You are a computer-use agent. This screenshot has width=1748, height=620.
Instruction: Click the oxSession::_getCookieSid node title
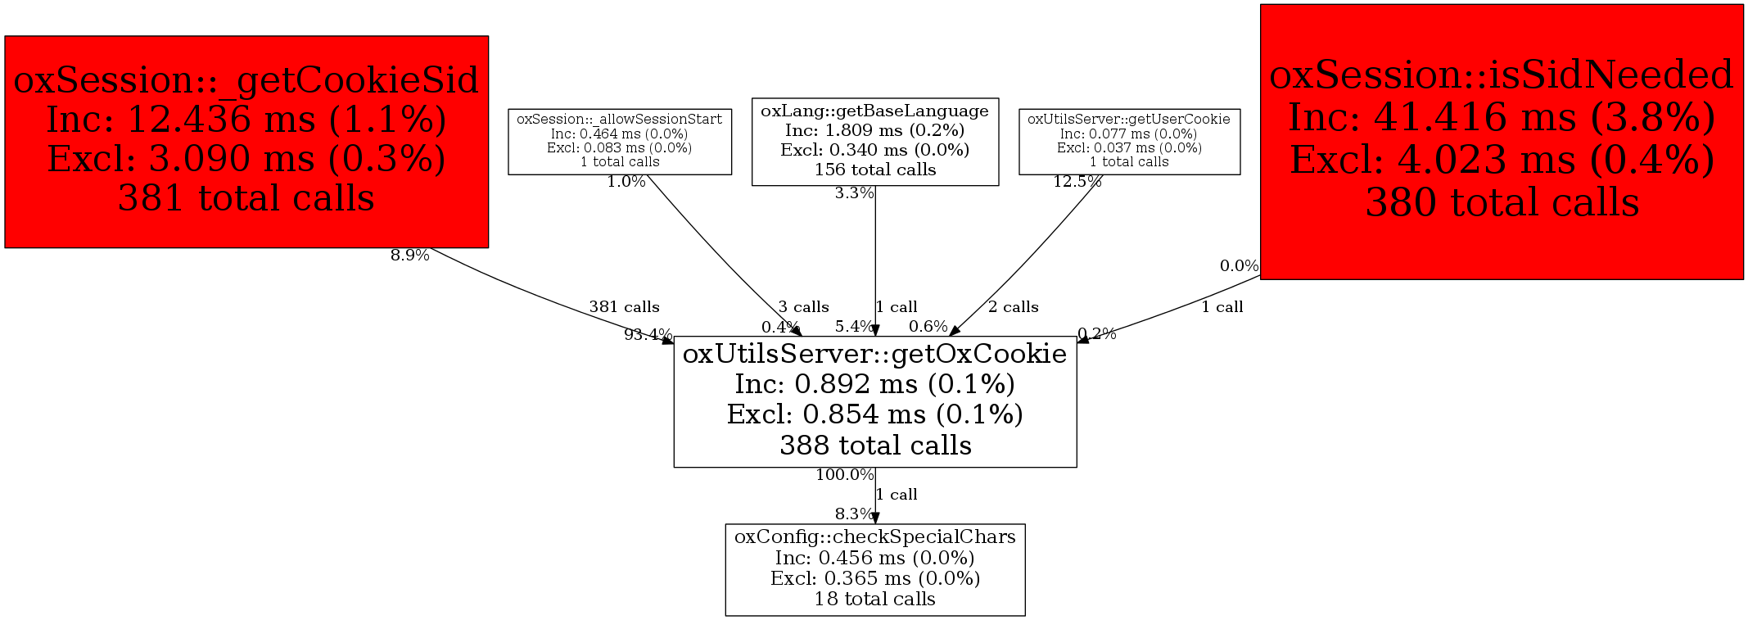(x=246, y=80)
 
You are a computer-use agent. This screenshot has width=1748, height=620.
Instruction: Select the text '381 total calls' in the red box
(x=246, y=198)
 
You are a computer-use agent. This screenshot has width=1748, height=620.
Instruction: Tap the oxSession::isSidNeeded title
(x=1501, y=75)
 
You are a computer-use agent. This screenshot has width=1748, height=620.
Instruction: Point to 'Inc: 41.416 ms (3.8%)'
(x=1501, y=117)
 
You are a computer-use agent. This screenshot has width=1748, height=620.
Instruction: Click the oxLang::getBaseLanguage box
(x=874, y=141)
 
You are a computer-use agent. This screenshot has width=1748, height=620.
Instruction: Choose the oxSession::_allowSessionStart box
(x=619, y=141)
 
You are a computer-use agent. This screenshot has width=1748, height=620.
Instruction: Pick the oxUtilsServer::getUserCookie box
(x=1128, y=141)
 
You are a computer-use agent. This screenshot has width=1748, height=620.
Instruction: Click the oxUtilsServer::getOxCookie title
(x=874, y=354)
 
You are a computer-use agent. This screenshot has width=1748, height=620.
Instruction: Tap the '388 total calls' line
(x=874, y=446)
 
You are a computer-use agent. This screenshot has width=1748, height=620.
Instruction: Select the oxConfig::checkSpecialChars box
(x=874, y=568)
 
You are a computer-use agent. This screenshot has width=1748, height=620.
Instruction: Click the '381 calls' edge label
(x=624, y=307)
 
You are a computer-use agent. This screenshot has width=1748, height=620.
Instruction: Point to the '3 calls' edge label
(x=803, y=307)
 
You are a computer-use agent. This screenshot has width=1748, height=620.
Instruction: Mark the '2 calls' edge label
(x=1013, y=307)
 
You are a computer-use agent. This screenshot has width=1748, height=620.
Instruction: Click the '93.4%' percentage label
(x=648, y=334)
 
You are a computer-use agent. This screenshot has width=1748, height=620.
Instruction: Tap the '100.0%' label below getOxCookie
(x=844, y=475)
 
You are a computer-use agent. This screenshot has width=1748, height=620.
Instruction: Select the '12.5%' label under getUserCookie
(x=1077, y=182)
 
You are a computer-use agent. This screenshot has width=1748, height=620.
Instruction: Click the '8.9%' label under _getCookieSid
(x=409, y=256)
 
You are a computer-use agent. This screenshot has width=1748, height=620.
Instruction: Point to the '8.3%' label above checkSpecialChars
(x=854, y=514)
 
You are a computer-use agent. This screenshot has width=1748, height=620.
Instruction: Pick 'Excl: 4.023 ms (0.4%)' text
(x=1501, y=160)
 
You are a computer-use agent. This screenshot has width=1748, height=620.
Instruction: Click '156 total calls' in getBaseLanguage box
(x=874, y=170)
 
